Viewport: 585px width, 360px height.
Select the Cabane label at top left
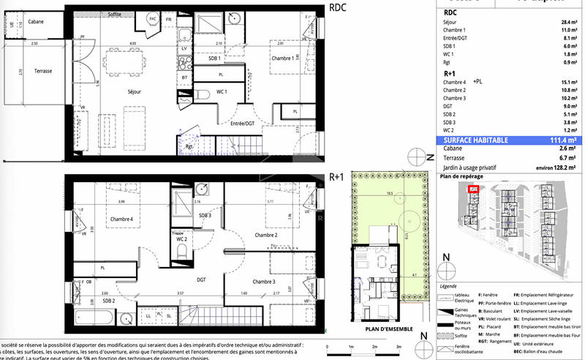pyautogui.click(x=36, y=22)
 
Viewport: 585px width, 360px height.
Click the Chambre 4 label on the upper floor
pyautogui.click(x=121, y=220)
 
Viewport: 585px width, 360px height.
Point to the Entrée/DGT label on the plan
pyautogui.click(x=242, y=124)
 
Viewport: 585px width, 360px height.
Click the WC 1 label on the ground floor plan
pyautogui.click(x=222, y=91)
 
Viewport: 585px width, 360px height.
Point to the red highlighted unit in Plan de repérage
pyautogui.click(x=473, y=190)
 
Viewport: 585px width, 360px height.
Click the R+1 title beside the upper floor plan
pyautogui.click(x=337, y=176)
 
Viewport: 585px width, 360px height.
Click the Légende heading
pyautogui.click(x=448, y=287)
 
